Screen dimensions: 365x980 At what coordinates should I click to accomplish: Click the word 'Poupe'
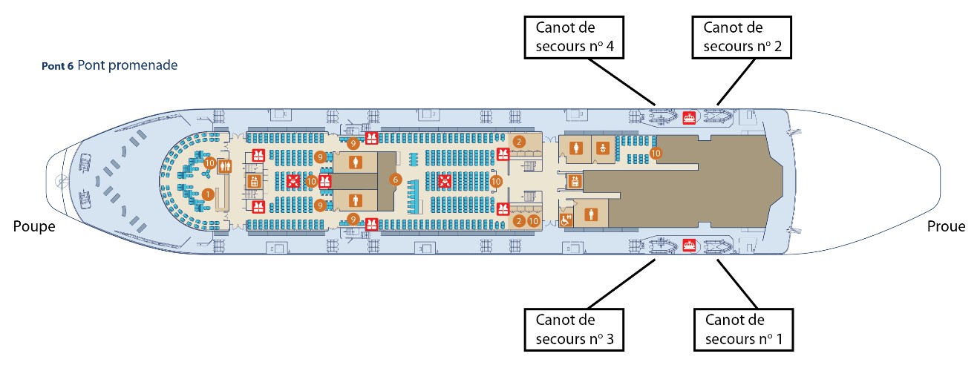point(34,226)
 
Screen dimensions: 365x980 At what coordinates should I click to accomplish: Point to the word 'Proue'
point(946,226)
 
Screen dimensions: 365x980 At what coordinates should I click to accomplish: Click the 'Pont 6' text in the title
point(58,66)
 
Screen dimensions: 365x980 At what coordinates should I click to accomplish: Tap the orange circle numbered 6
point(396,180)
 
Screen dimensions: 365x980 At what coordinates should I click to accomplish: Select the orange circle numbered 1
point(209,194)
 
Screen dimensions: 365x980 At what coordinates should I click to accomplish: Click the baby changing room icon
point(603,148)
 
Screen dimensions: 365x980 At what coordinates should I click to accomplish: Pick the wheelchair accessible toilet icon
point(566,220)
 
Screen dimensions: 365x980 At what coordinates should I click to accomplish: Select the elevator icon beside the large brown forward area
point(573,180)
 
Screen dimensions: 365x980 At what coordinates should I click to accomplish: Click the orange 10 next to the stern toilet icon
point(209,163)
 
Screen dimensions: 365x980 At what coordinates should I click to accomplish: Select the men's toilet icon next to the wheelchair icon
point(592,214)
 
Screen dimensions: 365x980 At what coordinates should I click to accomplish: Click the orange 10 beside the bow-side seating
point(655,154)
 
